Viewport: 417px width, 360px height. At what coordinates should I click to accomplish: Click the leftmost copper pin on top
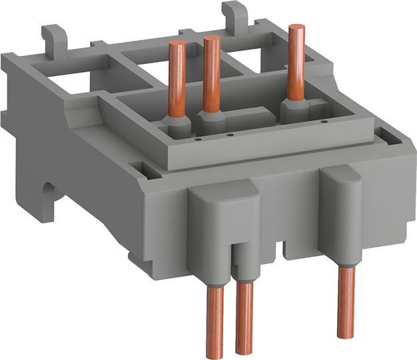[178, 80]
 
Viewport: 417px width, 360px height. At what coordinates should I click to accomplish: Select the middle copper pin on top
[212, 73]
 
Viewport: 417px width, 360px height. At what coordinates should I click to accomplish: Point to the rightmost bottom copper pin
[344, 300]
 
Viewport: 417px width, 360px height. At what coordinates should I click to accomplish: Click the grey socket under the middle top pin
[212, 119]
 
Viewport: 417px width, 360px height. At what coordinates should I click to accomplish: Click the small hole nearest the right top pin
[324, 122]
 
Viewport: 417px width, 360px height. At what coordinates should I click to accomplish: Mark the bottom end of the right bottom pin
[344, 333]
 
